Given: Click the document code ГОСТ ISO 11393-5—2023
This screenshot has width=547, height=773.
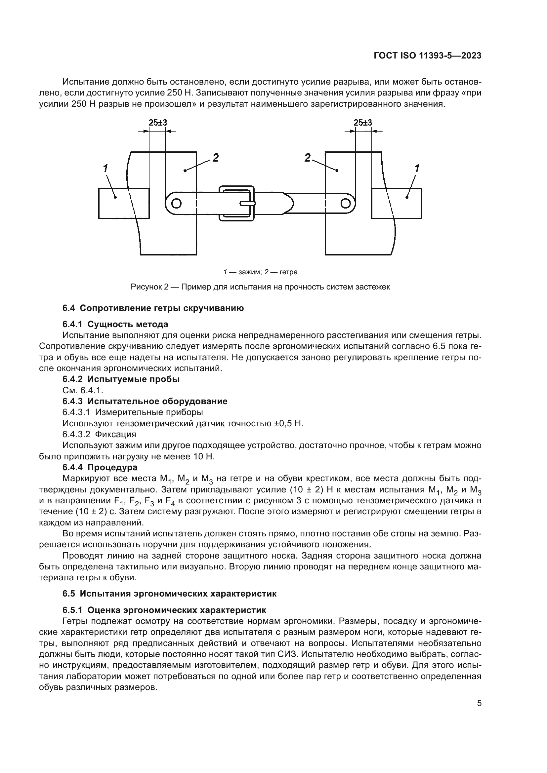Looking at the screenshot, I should [x=427, y=56].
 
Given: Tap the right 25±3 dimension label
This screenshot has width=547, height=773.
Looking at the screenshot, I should [x=363, y=123].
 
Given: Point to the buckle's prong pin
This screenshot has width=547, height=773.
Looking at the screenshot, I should [x=248, y=203].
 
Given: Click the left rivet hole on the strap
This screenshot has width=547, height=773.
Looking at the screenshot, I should [x=176, y=203].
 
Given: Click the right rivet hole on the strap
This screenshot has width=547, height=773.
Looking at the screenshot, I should [x=345, y=203].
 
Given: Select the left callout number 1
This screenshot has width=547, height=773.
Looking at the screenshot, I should [x=105, y=168].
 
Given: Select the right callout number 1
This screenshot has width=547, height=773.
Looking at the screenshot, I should [x=417, y=168].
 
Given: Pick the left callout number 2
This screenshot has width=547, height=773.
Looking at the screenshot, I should [x=215, y=157].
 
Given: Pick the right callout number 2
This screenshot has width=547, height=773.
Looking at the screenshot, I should [x=307, y=157].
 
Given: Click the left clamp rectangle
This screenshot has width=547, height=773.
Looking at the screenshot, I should [x=124, y=203].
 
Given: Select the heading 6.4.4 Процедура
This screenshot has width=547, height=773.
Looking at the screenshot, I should [x=100, y=468].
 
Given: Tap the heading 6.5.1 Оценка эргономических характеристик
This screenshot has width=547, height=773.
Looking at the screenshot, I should [x=164, y=610].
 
